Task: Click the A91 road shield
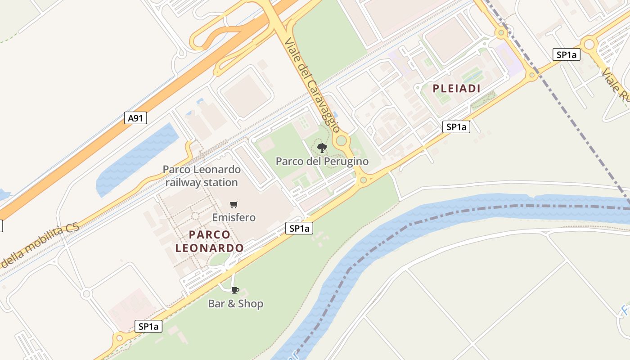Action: click(135, 118)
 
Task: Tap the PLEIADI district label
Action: click(456, 89)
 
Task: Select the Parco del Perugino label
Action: click(322, 161)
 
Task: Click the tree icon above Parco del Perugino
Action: click(322, 148)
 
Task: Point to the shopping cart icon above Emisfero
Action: click(234, 205)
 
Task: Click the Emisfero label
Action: click(234, 217)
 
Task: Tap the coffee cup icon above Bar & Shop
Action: click(235, 290)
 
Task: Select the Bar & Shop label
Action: click(235, 304)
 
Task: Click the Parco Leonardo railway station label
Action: click(202, 176)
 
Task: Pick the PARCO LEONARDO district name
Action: click(210, 241)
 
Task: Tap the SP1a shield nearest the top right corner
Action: click(566, 55)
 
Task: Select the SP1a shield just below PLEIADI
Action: click(456, 127)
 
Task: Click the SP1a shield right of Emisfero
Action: click(299, 229)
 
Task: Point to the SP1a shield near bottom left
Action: click(148, 326)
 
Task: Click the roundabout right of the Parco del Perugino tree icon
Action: click(342, 141)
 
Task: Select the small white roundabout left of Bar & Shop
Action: click(86, 294)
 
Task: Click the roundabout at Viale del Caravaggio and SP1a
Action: click(363, 180)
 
